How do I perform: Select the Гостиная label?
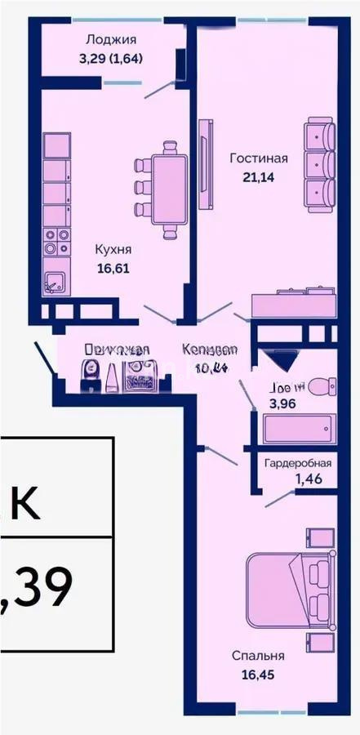(x=259, y=158)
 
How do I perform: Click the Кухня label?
(x=113, y=251)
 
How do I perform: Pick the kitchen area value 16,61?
(x=113, y=266)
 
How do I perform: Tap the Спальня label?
(x=258, y=655)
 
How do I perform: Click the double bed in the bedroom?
(x=289, y=590)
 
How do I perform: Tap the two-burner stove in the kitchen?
(x=56, y=242)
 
